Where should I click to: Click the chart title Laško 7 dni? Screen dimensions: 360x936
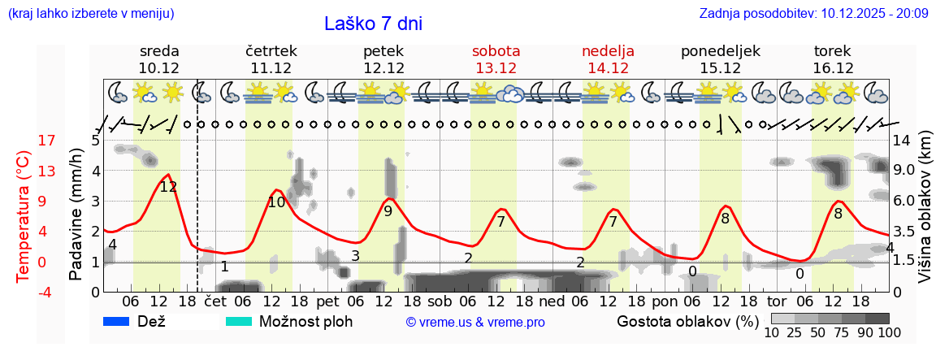pyautogui.click(x=373, y=24)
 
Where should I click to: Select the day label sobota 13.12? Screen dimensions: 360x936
pyautogui.click(x=496, y=59)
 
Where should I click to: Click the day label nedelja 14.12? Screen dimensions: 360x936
pyautogui.click(x=608, y=59)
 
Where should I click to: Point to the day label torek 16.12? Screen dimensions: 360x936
pyautogui.click(x=833, y=59)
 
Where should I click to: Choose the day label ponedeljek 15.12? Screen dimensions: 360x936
pyautogui.click(x=720, y=59)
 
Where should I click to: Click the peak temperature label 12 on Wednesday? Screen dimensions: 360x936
pyautogui.click(x=168, y=187)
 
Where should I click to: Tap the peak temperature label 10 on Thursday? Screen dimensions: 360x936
pyautogui.click(x=276, y=202)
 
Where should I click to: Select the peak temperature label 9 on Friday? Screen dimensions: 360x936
pyautogui.click(x=388, y=211)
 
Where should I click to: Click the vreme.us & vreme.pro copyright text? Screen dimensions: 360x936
pyautogui.click(x=475, y=323)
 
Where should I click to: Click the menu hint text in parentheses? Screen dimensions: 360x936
pyautogui.click(x=90, y=14)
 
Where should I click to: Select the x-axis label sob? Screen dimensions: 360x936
pyautogui.click(x=446, y=301)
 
